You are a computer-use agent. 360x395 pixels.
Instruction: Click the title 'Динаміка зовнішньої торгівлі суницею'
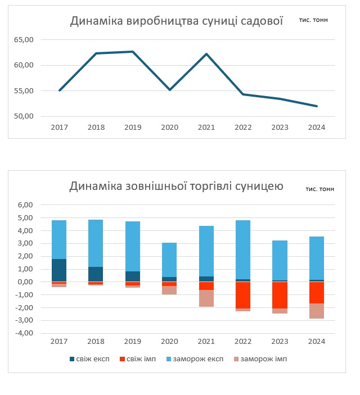176,186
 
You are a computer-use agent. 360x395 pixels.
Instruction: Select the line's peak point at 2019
133,52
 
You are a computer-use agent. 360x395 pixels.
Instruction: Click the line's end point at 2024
317,106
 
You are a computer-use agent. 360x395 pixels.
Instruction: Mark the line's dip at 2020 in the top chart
170,89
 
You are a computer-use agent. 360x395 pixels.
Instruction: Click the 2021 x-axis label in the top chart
206,128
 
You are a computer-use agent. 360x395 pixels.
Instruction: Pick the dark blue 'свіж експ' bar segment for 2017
59,270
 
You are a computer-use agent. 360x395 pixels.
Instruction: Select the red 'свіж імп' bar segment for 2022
243,295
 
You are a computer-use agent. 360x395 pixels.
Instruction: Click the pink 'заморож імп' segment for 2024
317,311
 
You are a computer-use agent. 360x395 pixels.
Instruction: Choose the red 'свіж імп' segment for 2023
280,295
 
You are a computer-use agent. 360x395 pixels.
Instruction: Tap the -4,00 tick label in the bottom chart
24,333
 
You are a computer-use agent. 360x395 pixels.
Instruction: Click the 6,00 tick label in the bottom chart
25,205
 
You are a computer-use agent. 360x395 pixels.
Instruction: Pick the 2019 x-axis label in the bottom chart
133,341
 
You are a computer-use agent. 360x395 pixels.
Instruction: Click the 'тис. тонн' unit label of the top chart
314,20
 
